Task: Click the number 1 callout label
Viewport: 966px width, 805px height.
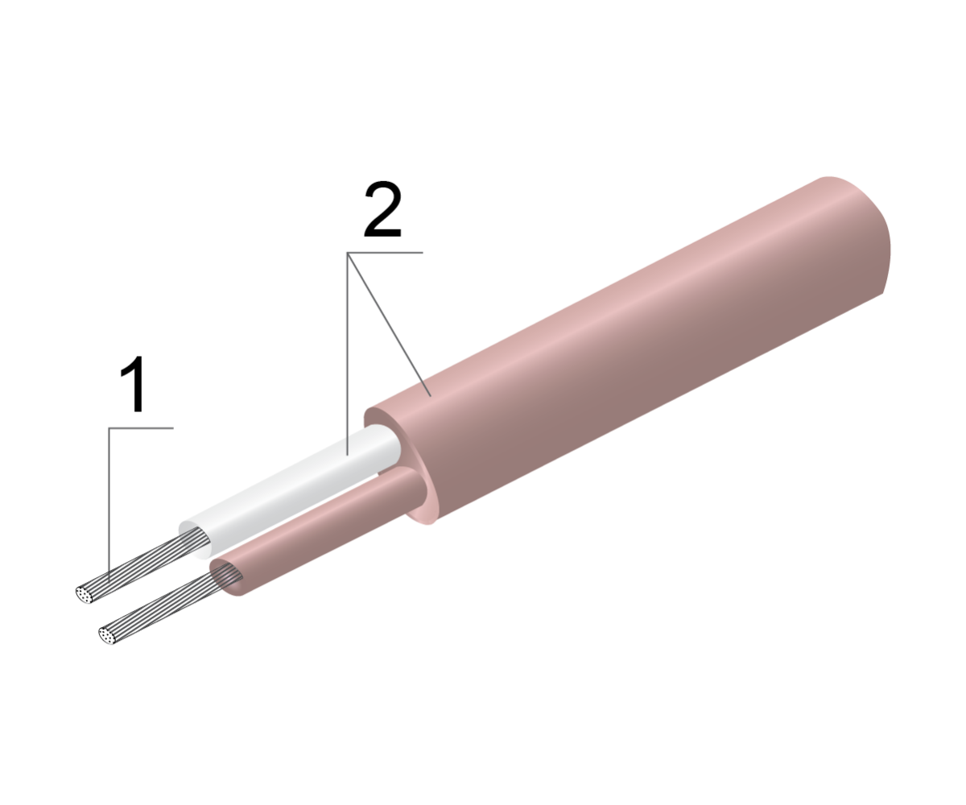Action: click(134, 384)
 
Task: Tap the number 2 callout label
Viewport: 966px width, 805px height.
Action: click(383, 209)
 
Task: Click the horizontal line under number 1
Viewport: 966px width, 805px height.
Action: click(141, 428)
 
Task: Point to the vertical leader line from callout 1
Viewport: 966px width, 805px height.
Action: click(109, 504)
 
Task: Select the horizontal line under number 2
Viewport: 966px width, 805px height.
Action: click(385, 253)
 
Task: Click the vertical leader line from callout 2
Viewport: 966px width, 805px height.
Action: click(348, 354)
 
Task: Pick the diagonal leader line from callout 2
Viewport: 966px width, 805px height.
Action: click(390, 324)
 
